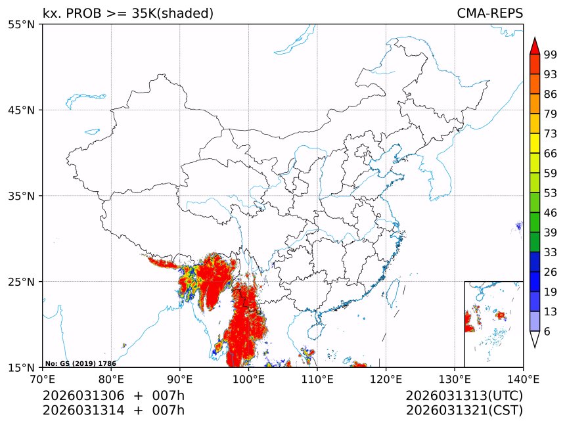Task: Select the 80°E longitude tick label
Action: pos(111,378)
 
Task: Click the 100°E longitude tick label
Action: pos(248,378)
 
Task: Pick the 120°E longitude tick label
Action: pos(386,378)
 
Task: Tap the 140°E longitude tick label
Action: pos(523,378)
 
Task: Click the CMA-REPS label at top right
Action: pos(489,13)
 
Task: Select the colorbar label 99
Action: pos(551,55)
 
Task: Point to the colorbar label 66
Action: pos(551,153)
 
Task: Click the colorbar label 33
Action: pos(551,252)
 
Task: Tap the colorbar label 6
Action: pos(547,331)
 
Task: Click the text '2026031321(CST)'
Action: pos(464,411)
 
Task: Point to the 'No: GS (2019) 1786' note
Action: pos(80,363)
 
